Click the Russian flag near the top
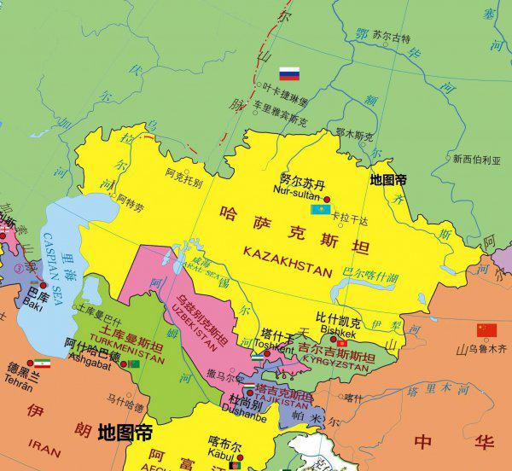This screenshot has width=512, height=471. tap(290, 73)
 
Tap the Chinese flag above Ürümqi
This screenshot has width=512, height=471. tap(486, 330)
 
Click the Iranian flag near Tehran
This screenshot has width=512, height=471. tap(41, 363)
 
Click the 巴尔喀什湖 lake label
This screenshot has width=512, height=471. tap(370, 277)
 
